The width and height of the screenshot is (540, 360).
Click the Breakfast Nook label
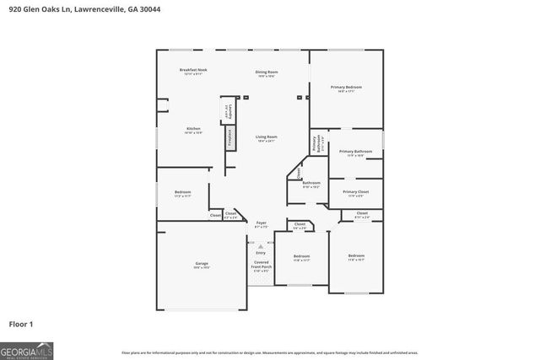[x=192, y=70]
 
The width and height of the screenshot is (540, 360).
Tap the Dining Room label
[x=267, y=73]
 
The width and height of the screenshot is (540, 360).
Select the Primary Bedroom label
[x=346, y=88]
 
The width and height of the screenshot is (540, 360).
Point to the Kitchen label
[x=193, y=129]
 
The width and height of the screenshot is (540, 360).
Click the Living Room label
[x=267, y=137]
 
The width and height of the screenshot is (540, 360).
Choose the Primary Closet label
[x=355, y=192]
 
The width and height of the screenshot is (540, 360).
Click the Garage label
[x=201, y=264]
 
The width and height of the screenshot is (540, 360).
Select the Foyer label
[x=261, y=223]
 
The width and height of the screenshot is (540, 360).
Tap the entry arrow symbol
[x=260, y=245]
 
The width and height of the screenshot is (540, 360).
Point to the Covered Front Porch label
[x=261, y=266]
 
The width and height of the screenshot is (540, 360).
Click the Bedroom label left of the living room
[x=182, y=192]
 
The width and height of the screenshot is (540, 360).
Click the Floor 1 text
[x=20, y=324]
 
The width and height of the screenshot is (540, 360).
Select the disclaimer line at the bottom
[x=269, y=352]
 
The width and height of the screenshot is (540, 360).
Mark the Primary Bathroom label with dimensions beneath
[x=355, y=152]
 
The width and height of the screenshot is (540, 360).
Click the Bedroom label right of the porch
[x=301, y=256]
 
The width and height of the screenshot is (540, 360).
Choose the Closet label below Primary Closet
[x=361, y=214]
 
